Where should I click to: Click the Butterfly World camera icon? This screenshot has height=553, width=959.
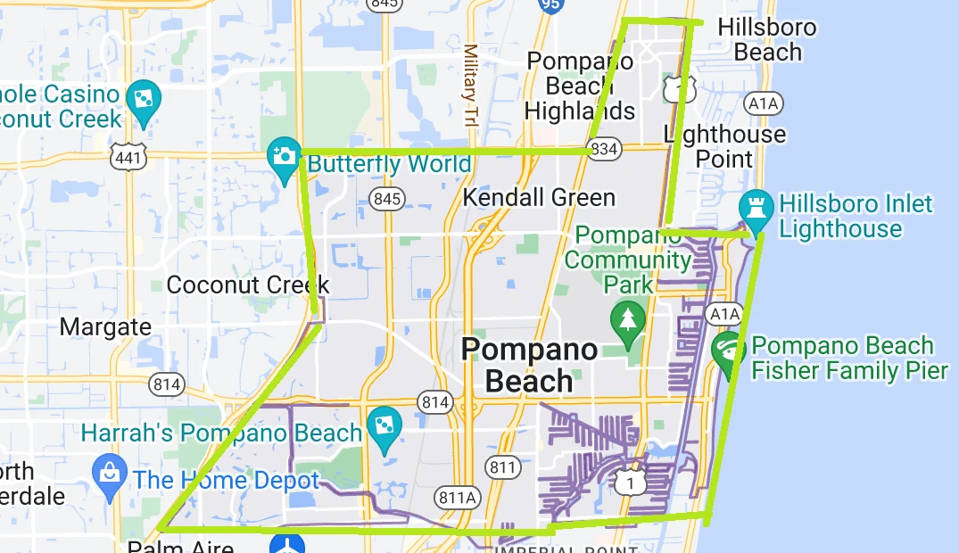coord(284,156)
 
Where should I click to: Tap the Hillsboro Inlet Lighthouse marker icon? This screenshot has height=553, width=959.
coord(756,208)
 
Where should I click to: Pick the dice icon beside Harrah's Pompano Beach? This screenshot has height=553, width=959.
coord(384,425)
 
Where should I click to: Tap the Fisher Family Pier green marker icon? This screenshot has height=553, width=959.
coord(729,350)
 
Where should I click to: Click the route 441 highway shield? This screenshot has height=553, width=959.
coord(123,157)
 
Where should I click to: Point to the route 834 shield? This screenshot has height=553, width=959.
coord(604,149)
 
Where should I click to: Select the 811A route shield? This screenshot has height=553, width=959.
coord(458,497)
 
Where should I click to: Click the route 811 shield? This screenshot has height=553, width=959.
coord(503,466)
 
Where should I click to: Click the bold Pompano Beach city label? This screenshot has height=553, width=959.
coord(529,365)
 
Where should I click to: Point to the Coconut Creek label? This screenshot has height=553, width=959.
coord(248,285)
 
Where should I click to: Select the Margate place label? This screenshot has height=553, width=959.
coord(105,327)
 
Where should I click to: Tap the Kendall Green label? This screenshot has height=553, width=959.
coord(539,197)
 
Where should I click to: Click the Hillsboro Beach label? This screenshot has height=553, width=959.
coord(767,39)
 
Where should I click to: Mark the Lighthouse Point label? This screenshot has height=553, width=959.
coord(726,146)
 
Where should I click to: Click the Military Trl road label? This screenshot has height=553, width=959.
coord(471,85)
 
